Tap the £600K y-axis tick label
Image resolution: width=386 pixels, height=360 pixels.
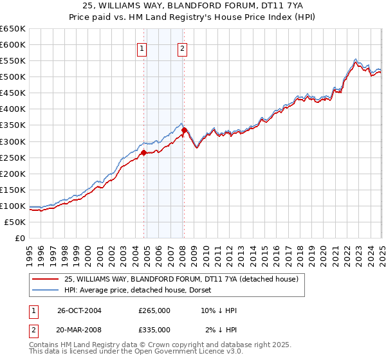13,44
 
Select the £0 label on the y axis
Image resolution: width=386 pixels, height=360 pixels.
20,238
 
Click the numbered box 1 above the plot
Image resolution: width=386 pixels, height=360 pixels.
141,49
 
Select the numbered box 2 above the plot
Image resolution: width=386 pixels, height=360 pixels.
183,49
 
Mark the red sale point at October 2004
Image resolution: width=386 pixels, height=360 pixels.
144,152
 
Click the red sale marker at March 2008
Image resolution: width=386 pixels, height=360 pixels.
184,130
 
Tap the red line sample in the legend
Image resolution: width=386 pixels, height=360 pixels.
45,280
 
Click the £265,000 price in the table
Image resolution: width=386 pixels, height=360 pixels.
154,310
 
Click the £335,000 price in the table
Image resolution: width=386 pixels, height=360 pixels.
154,329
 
